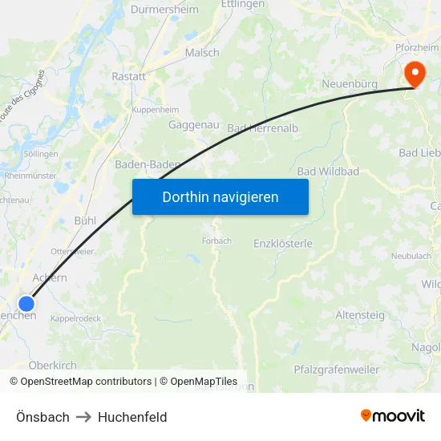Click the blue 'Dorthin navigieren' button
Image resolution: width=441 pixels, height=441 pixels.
pos(220,196)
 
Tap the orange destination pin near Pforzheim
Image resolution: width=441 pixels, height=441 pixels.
pos(415,74)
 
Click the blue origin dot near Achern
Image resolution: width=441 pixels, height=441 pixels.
pos(26,303)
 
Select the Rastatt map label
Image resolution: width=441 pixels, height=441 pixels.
pos(129,77)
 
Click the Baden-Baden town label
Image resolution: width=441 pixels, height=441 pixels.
pos(148,164)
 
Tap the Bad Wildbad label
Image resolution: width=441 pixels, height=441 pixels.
pos(328,172)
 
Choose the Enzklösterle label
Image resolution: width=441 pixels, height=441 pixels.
pos(282,243)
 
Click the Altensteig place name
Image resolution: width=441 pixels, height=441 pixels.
pos(360,315)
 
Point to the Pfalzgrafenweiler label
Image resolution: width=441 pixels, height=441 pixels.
pos(337,369)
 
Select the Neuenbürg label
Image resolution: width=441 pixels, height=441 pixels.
pos(350,83)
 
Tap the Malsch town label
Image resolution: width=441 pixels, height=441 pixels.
pos(202,53)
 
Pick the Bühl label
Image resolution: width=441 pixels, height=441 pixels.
pos(84,220)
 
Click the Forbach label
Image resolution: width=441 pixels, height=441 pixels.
pos(216,240)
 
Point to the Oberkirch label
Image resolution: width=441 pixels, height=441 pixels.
pos(53,365)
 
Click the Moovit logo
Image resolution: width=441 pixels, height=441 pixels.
pos(393,415)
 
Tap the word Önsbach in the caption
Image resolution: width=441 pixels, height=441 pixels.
pos(42,417)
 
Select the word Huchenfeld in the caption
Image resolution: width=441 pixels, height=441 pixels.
pos(132,417)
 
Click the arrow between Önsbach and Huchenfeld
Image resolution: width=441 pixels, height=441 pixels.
pos(83,417)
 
